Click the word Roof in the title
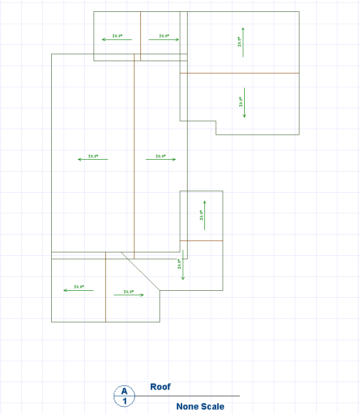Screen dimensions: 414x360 click(x=160, y=387)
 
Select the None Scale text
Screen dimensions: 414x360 click(x=200, y=407)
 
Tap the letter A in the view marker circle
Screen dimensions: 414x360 click(x=125, y=391)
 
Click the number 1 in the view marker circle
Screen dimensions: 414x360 click(x=125, y=401)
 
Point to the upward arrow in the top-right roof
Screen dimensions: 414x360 click(x=243, y=42)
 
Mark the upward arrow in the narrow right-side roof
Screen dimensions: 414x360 click(x=204, y=215)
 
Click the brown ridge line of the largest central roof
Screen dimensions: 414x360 click(x=134, y=148)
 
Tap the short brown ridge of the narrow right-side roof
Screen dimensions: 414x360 click(x=201, y=241)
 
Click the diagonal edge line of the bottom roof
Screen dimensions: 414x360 click(x=140, y=272)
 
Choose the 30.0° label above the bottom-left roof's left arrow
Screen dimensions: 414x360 click(x=79, y=286)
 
